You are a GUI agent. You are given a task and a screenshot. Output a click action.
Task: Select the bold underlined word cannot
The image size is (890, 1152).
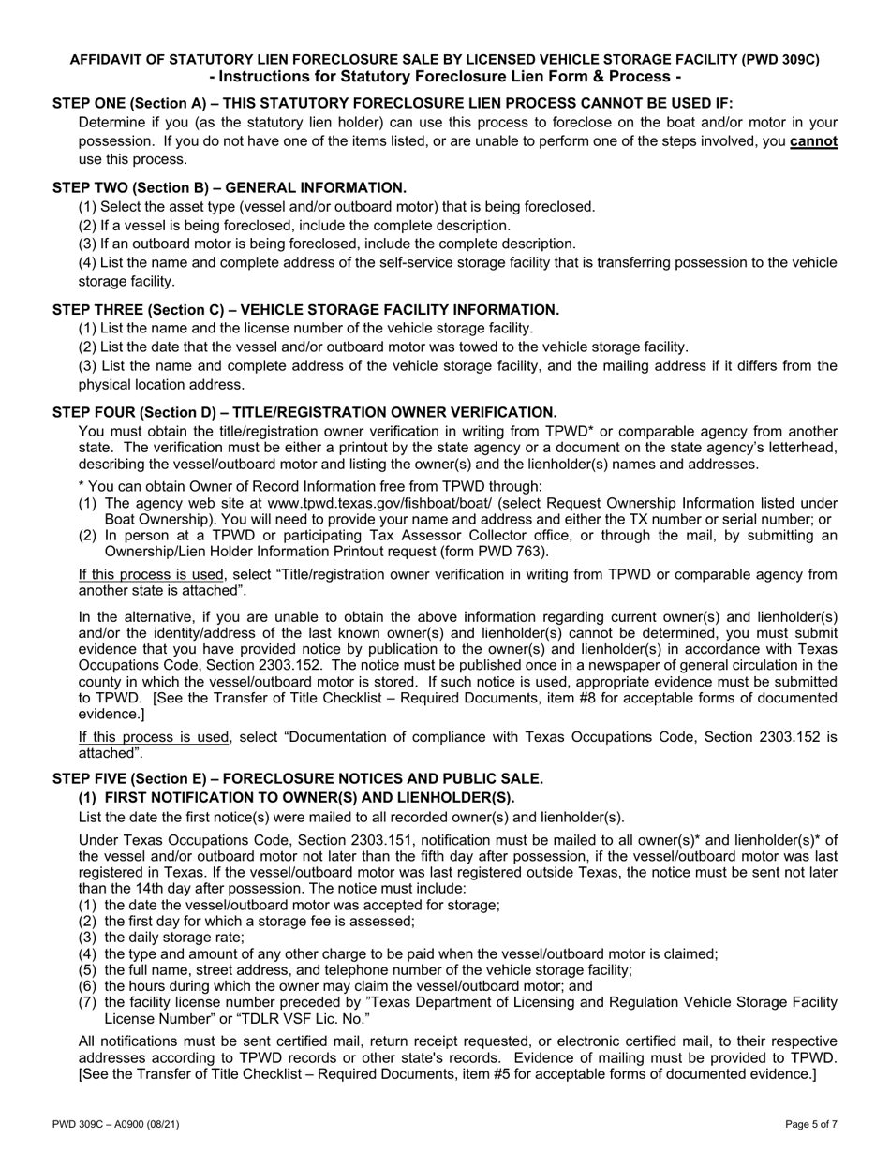(813, 141)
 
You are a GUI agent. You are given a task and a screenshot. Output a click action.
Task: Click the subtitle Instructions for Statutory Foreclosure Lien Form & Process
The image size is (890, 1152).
(445, 77)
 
